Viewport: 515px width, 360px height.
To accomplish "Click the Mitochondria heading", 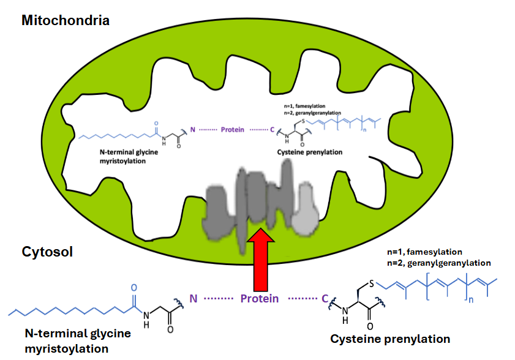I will click(66, 20).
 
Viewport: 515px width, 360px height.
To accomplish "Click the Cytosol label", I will click(47, 252).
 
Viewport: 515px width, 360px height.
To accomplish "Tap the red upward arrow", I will click(260, 257).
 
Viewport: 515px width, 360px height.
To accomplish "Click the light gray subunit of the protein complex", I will click(304, 216).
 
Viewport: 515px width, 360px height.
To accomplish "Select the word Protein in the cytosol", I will click(260, 299).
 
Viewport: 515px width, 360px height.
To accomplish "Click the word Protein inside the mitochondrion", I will click(231, 130).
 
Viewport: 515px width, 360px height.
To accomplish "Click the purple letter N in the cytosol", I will click(194, 299).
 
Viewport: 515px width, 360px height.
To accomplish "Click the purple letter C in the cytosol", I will click(325, 299).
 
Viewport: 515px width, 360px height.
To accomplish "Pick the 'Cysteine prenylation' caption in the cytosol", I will click(390, 339).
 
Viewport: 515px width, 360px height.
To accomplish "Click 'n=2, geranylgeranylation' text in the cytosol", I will click(438, 263).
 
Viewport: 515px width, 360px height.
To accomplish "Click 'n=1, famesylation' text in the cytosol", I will click(424, 252).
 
